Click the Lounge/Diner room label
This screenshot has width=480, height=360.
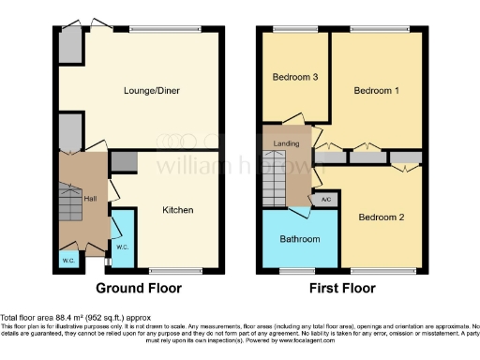click(153, 91)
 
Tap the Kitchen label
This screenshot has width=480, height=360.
click(176, 210)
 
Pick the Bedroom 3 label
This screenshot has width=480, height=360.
click(292, 76)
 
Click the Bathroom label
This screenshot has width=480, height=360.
click(300, 239)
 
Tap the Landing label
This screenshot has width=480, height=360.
click(287, 143)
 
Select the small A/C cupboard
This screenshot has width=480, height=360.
click(325, 199)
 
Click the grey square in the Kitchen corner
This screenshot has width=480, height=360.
click(122, 161)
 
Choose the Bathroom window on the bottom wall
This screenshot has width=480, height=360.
click(298, 273)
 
